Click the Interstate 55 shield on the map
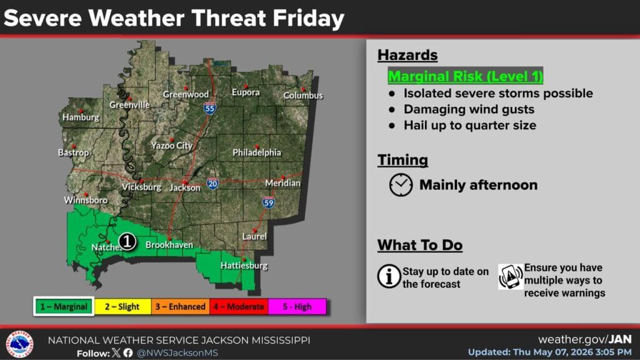210,108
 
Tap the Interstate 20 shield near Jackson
212,184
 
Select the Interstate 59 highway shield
268,202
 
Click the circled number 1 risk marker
127,241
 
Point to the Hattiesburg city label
244,266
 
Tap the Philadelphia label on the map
257,152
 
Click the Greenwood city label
186,94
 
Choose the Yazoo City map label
171,145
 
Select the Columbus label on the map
303,96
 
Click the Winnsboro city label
86,200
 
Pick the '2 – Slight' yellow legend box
122,306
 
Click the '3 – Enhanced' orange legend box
181,306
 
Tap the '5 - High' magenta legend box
297,306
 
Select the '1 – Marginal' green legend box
64,306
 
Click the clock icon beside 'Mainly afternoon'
401,185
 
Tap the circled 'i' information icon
389,276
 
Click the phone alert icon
510,277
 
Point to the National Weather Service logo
19,344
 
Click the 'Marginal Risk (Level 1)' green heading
465,76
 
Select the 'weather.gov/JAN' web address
585,339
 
